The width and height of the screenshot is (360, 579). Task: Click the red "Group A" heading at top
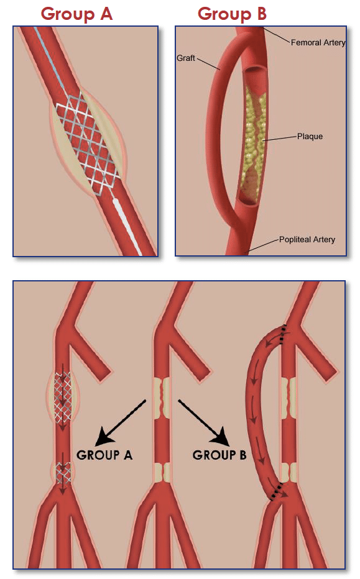(x=76, y=14)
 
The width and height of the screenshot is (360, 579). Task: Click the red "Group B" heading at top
(x=232, y=14)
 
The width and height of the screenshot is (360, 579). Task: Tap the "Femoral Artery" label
(x=318, y=43)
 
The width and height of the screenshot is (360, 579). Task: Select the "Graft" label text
(x=186, y=58)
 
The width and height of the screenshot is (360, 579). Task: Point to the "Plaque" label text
(x=310, y=136)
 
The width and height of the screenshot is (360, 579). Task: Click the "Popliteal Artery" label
(x=307, y=239)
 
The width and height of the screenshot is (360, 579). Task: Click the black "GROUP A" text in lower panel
(x=104, y=455)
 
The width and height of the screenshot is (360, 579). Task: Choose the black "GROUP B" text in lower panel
(x=219, y=455)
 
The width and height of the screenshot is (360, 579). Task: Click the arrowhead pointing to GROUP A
(x=104, y=437)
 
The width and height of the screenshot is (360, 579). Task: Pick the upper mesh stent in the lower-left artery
(x=63, y=397)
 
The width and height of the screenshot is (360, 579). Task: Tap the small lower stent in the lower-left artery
(x=63, y=472)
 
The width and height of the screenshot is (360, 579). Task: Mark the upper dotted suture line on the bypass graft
(x=283, y=334)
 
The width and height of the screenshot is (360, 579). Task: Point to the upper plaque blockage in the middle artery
(x=162, y=398)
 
